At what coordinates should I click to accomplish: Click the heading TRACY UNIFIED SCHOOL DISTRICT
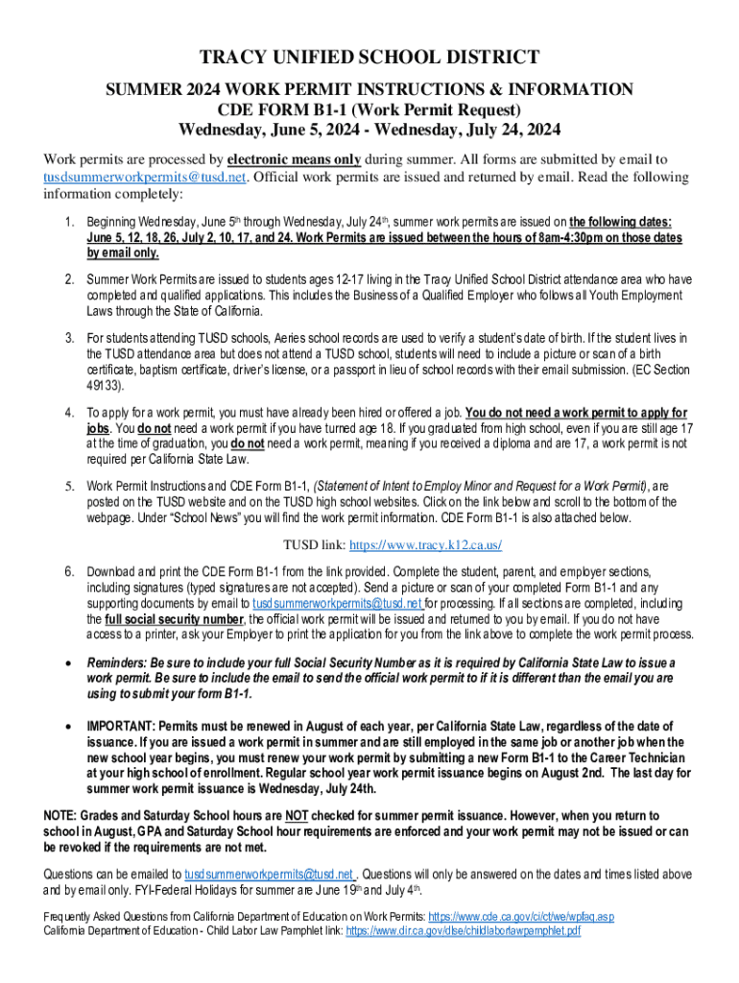(x=369, y=57)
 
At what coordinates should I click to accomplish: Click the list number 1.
(x=69, y=223)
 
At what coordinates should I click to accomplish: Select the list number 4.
(x=69, y=414)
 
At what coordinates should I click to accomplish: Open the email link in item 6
(x=337, y=604)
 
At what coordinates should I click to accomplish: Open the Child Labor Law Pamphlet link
(x=463, y=930)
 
